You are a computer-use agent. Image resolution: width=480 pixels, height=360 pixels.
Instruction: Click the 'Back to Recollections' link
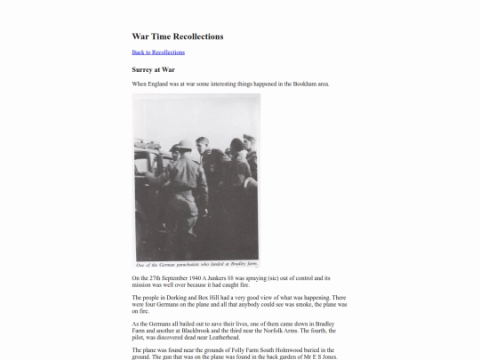(x=158, y=52)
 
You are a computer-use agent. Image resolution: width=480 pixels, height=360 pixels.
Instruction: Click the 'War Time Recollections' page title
(x=178, y=36)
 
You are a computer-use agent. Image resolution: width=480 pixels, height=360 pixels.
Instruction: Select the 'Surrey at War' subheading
(x=153, y=68)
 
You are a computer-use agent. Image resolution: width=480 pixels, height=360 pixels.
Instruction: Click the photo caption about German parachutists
(x=196, y=265)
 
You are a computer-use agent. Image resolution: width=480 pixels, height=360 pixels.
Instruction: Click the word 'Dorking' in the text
(x=172, y=297)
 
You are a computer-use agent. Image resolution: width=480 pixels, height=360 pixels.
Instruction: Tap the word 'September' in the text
(x=171, y=278)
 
